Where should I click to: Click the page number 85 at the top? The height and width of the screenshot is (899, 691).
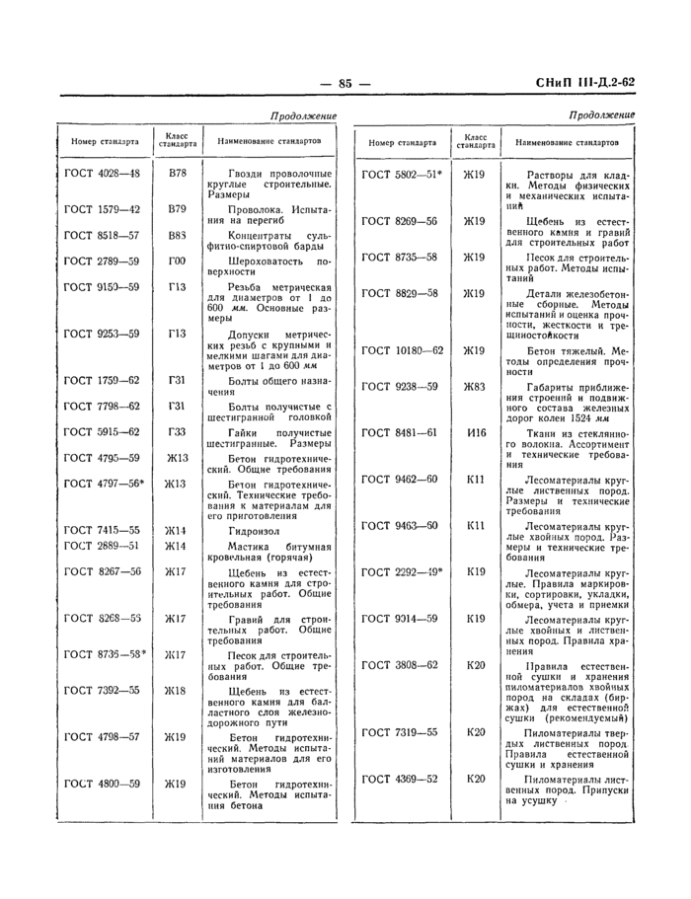[345, 84]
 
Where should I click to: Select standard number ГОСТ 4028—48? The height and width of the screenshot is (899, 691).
[102, 174]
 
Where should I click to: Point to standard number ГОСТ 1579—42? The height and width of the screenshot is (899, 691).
[102, 209]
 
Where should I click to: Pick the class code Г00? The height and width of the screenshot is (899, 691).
[177, 261]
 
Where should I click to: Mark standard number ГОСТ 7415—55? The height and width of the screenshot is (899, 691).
[102, 529]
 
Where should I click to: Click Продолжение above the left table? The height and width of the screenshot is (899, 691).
[302, 116]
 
